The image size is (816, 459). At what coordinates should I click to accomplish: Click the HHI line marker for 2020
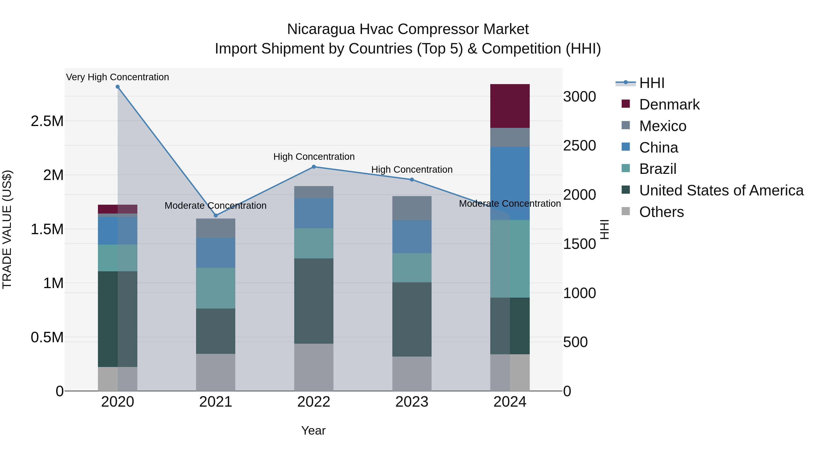[117, 87]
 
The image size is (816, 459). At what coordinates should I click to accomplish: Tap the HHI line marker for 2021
[216, 215]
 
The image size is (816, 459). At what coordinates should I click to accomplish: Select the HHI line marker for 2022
[314, 167]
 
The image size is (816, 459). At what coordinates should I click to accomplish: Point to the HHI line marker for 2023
[412, 180]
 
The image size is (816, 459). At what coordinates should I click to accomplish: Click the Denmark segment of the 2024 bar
[510, 106]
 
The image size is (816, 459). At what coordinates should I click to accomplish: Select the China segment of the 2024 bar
[510, 183]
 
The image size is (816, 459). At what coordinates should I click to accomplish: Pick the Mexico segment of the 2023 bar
[412, 208]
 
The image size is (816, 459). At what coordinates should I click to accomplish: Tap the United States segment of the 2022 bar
[314, 301]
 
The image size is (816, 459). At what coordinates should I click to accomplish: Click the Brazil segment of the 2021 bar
[216, 288]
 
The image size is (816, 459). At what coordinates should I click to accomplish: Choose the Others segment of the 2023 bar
[412, 374]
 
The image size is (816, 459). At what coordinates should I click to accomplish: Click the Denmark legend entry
[669, 104]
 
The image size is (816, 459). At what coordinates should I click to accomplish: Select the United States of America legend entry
[721, 190]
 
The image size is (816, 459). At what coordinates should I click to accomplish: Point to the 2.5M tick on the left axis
[47, 121]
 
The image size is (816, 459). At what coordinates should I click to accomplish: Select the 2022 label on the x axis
[314, 402]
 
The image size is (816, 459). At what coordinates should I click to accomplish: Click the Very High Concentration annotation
[117, 77]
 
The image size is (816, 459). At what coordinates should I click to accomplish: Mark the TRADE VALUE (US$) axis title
[7, 229]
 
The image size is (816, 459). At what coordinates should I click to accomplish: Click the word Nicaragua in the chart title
[321, 29]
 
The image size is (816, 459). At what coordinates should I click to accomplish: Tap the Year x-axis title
[313, 430]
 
